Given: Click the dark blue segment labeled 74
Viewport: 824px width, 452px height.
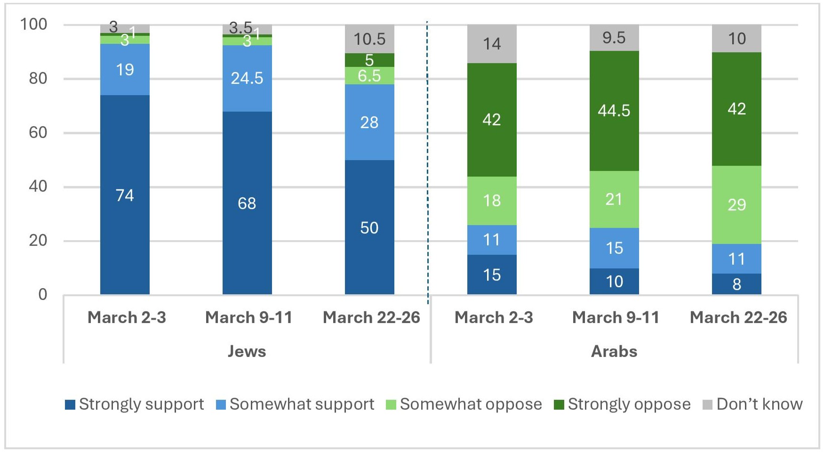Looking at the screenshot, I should pos(125,194).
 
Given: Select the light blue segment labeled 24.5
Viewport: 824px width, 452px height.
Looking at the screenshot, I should pos(247,78).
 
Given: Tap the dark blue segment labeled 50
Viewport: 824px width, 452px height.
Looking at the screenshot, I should pos(369,227).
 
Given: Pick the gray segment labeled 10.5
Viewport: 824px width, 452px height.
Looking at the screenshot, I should pos(369,39).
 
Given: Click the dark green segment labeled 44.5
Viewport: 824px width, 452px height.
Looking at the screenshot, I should pos(614,111).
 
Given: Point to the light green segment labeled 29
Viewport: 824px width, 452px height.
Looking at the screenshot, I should pos(736,204).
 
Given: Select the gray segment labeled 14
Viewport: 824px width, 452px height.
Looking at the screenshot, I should pos(492,44).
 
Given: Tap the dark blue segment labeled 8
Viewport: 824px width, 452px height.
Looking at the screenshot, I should pos(736,284).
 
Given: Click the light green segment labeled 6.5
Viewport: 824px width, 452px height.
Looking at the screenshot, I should pos(369,75).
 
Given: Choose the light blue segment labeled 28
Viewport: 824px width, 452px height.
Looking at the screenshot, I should pos(369,122).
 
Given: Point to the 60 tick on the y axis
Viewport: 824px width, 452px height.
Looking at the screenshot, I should pos(38,132).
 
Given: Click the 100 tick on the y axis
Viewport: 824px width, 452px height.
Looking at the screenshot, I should pos(34,24).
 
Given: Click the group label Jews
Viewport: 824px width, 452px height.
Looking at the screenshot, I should pos(247,351).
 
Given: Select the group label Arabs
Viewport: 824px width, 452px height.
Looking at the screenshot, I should pos(614,351).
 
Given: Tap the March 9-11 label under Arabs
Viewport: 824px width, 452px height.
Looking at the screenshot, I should pos(616,317).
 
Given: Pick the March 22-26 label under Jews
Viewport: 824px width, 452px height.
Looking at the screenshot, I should pos(371,317).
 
